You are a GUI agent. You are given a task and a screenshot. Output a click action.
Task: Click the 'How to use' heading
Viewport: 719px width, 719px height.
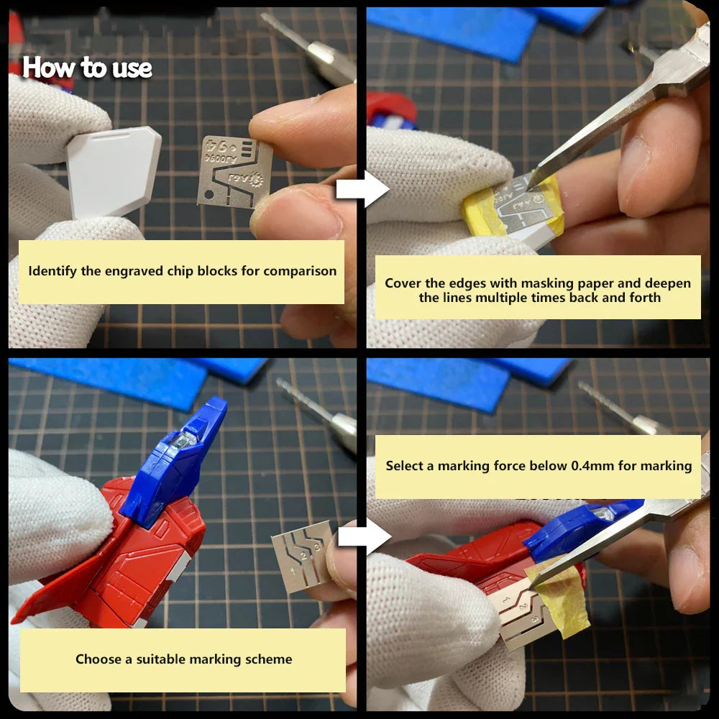pos(87,68)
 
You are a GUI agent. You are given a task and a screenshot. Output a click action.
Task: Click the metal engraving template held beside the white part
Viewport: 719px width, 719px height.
pos(234,172)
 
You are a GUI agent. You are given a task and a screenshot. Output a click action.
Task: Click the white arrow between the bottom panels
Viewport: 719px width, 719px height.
pos(364,536)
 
